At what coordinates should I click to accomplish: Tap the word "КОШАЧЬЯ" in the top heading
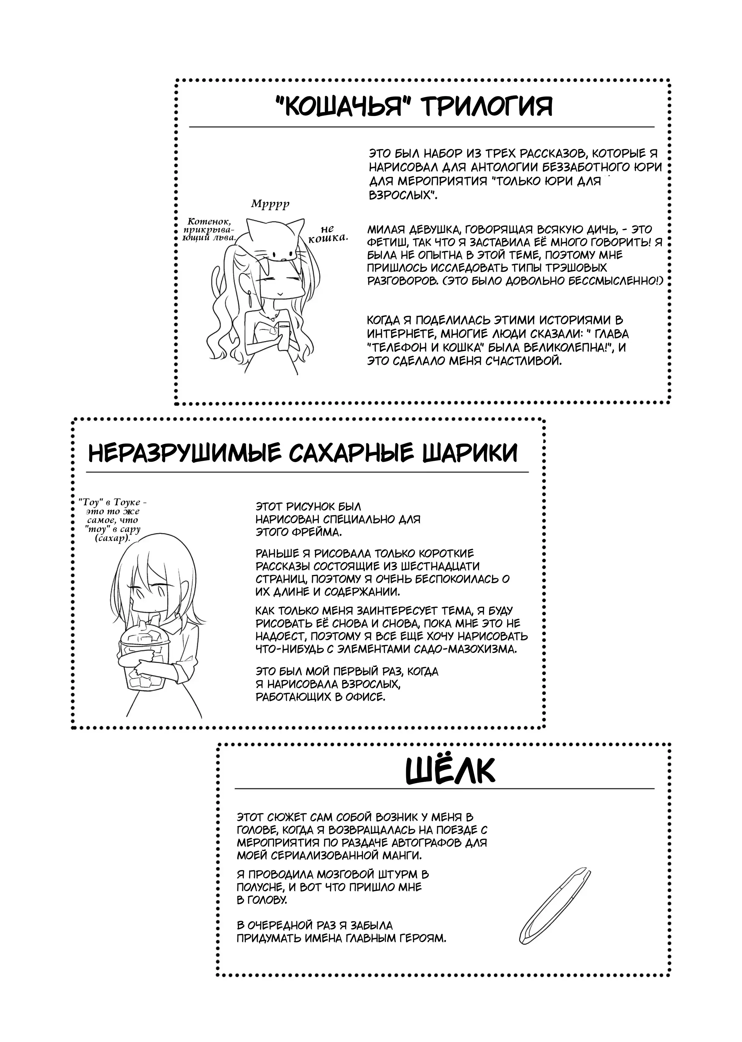pyautogui.click(x=344, y=106)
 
